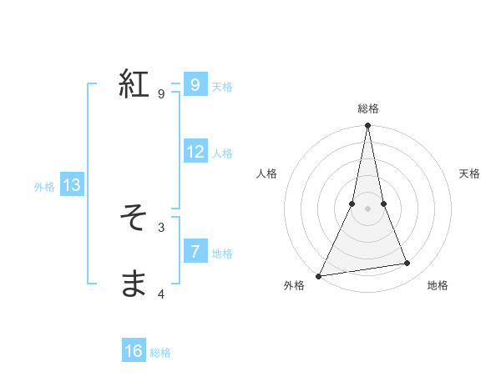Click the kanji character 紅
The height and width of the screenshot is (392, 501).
[x=134, y=84]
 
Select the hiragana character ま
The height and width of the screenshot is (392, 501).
[x=134, y=284]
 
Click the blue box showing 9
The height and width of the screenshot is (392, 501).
[x=195, y=84]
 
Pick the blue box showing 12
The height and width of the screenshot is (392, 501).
[x=195, y=152]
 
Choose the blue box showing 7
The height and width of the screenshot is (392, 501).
[x=195, y=251]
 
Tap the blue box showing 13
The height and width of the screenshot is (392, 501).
[x=72, y=185]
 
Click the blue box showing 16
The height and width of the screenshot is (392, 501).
[x=134, y=351]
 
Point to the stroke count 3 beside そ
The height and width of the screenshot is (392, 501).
[x=161, y=227]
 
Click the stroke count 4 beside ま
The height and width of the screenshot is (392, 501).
[x=161, y=294]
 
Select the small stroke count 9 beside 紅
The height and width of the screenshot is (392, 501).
[x=161, y=93]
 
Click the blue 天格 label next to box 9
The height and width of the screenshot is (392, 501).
[x=222, y=87]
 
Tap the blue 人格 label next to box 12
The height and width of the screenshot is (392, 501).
[x=222, y=153]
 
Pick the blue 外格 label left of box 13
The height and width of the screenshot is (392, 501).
[x=44, y=187]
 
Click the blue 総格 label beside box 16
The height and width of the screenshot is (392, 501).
[x=160, y=353]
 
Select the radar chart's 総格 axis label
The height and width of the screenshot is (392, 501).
[x=367, y=108]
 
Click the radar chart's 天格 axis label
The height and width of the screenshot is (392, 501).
[x=470, y=173]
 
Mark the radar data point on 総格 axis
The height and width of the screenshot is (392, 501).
[x=367, y=126]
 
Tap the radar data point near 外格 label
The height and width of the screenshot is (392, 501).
[x=319, y=275]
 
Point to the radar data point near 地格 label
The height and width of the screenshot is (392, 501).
[x=407, y=264]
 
